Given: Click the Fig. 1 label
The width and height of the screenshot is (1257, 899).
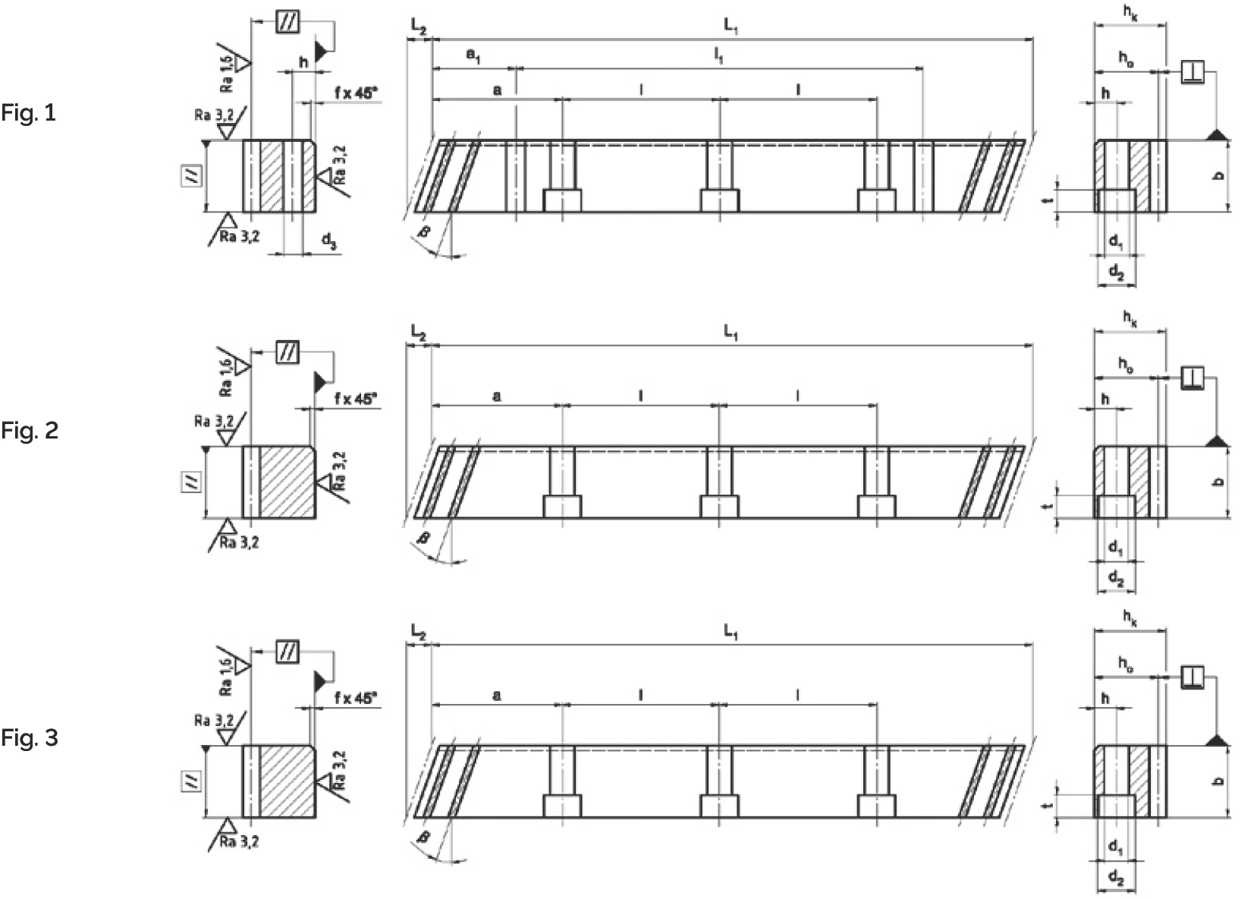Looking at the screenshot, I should coord(28,114).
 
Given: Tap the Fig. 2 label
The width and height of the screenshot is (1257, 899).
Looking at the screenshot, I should coord(29,431).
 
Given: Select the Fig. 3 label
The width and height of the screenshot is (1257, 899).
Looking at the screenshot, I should coord(29,737).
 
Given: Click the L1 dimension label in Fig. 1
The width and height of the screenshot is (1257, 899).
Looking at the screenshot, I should coord(731,27).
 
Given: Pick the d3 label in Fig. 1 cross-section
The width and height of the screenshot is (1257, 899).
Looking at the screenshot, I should coord(328,241).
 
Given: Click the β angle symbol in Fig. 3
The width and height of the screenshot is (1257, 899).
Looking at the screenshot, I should coord(424,837).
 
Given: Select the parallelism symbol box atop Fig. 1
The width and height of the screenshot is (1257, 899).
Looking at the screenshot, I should coord(287,22).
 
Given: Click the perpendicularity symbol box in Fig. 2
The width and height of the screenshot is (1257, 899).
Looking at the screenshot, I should coord(1193,377).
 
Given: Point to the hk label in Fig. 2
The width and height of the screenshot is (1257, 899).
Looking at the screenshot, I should coord(1130,319).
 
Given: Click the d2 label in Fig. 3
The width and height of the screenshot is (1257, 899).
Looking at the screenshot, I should coord(1116,878).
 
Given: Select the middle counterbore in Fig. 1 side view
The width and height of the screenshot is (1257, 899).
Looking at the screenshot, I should coord(719,201).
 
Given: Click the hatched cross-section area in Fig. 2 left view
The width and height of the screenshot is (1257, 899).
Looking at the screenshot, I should coord(288,483).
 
